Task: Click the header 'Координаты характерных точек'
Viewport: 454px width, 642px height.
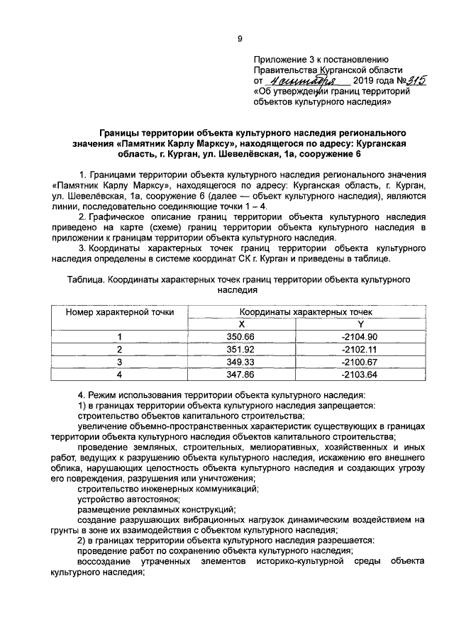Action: [x=301, y=311]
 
